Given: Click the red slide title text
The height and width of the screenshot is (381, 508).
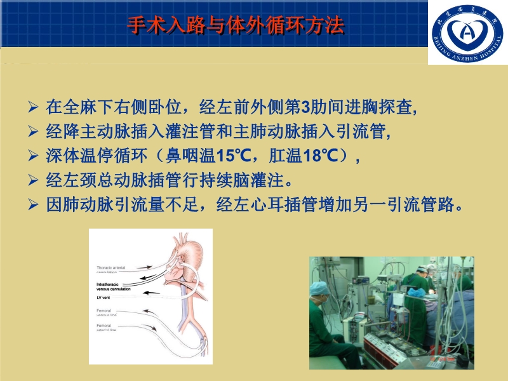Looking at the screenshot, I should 236,25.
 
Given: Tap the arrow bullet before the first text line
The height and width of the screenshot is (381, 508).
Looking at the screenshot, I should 34,106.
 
